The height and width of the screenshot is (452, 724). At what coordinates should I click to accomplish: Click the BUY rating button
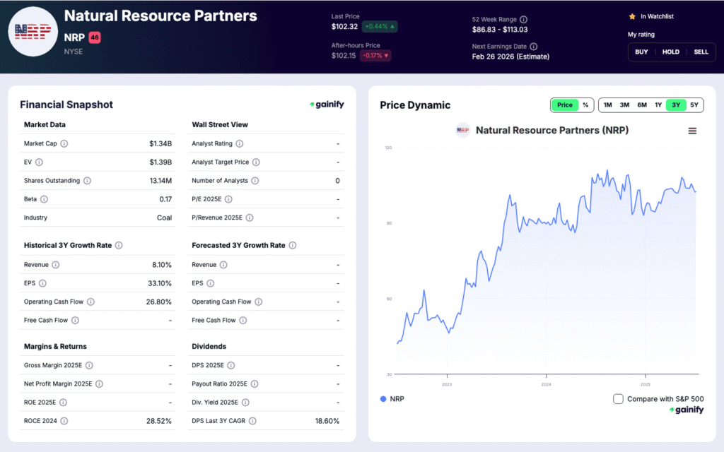[641, 52]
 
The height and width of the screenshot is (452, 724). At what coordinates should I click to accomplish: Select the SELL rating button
[701, 52]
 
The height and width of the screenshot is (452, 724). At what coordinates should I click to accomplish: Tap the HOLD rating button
[670, 52]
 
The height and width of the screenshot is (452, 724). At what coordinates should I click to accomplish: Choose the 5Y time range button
[694, 105]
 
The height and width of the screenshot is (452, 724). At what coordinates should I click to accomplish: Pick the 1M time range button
[608, 105]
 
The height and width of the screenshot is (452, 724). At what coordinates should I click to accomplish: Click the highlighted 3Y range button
[676, 105]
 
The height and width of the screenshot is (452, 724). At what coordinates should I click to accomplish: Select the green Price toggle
[565, 105]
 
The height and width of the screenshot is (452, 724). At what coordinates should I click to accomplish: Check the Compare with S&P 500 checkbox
[618, 399]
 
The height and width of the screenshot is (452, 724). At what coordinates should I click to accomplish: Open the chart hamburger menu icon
[692, 131]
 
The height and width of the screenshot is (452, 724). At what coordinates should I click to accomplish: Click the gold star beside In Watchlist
[632, 16]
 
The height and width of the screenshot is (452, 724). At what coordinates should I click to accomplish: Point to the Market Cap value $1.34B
[160, 143]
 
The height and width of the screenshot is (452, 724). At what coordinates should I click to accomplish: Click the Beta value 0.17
[165, 199]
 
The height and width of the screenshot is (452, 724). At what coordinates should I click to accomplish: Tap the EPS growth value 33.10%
[160, 283]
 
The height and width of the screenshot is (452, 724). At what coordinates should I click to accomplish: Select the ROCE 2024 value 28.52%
[158, 421]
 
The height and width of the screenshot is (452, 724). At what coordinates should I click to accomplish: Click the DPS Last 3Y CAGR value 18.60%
[326, 421]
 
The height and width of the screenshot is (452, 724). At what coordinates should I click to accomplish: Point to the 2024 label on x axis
[546, 384]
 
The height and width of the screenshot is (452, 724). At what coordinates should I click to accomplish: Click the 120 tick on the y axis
[388, 148]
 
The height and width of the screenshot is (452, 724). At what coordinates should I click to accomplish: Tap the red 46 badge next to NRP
[95, 37]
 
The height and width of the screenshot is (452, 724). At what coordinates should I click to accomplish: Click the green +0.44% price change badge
[380, 27]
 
